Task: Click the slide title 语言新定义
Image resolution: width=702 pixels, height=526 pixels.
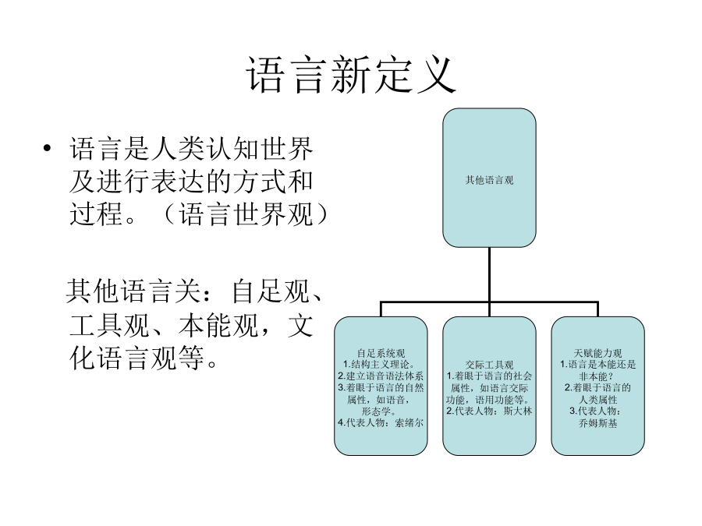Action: pos(351,75)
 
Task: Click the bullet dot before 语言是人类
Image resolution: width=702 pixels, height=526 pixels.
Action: pos(48,148)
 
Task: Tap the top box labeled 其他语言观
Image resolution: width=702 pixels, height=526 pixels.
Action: pos(489,178)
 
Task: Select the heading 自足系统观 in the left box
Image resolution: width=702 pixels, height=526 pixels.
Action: pos(381,353)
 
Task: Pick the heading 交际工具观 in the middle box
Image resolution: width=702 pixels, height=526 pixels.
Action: pos(489,365)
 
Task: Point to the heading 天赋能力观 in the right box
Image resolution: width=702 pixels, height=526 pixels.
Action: pos(598,353)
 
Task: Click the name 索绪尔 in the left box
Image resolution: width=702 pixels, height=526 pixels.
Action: pos(409,422)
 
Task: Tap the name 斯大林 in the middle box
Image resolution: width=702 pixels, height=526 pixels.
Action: pos(518,411)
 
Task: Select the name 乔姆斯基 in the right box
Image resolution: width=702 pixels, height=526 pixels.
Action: pos(598,423)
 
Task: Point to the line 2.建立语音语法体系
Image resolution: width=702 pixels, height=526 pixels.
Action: pos(381,376)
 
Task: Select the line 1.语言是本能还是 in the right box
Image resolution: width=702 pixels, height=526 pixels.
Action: pos(598,365)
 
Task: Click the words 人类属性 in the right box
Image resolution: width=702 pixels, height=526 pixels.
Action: pos(598,400)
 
